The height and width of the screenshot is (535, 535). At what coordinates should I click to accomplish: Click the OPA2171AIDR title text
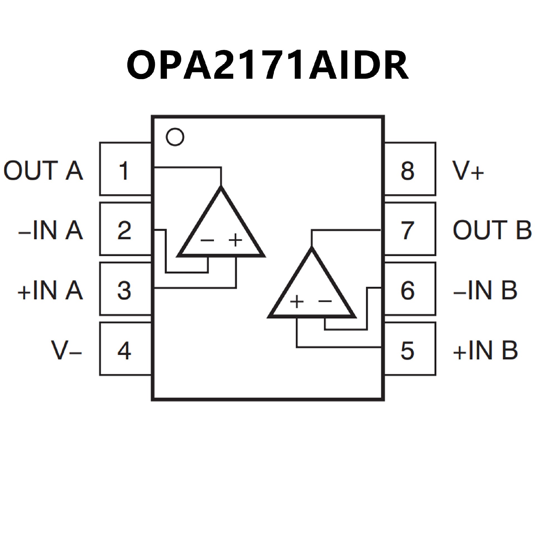[x=267, y=65]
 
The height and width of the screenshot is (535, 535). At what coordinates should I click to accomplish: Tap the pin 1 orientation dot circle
[x=175, y=137]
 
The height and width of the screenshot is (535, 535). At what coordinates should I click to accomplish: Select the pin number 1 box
[x=125, y=169]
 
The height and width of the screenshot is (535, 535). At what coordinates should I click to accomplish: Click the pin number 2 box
[x=125, y=229]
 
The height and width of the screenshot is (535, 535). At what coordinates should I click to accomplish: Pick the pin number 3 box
[x=125, y=290]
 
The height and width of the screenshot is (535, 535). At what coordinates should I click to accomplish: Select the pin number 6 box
[x=410, y=290]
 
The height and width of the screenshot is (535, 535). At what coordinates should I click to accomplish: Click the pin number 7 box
[x=410, y=229]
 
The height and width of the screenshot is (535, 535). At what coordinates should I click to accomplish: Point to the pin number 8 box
[x=410, y=169]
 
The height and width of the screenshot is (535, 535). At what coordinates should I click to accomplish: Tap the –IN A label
[x=50, y=230]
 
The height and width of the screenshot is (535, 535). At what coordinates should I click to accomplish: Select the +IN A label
[x=50, y=290]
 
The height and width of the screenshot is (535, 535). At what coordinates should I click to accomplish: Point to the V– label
[x=66, y=351]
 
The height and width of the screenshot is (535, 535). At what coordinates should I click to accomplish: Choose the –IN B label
[x=485, y=290]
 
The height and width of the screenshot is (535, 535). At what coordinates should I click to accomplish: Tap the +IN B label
[x=485, y=351]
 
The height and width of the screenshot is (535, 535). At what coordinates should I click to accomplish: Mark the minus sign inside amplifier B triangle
[x=325, y=301]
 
